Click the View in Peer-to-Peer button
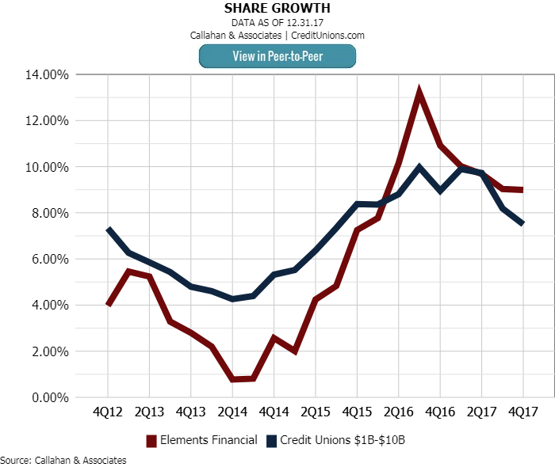[277, 56]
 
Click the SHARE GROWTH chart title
[277, 9]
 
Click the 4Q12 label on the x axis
[108, 412]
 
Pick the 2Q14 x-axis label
[232, 412]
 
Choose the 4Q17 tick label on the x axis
[523, 412]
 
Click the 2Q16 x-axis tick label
[398, 412]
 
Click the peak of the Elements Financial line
[419, 93]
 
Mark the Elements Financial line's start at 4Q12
[108, 305]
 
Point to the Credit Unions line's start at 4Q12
[108, 230]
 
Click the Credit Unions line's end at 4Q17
[522, 224]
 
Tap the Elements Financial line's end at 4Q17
[522, 190]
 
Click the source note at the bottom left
[63, 460]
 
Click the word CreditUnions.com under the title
[327, 35]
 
